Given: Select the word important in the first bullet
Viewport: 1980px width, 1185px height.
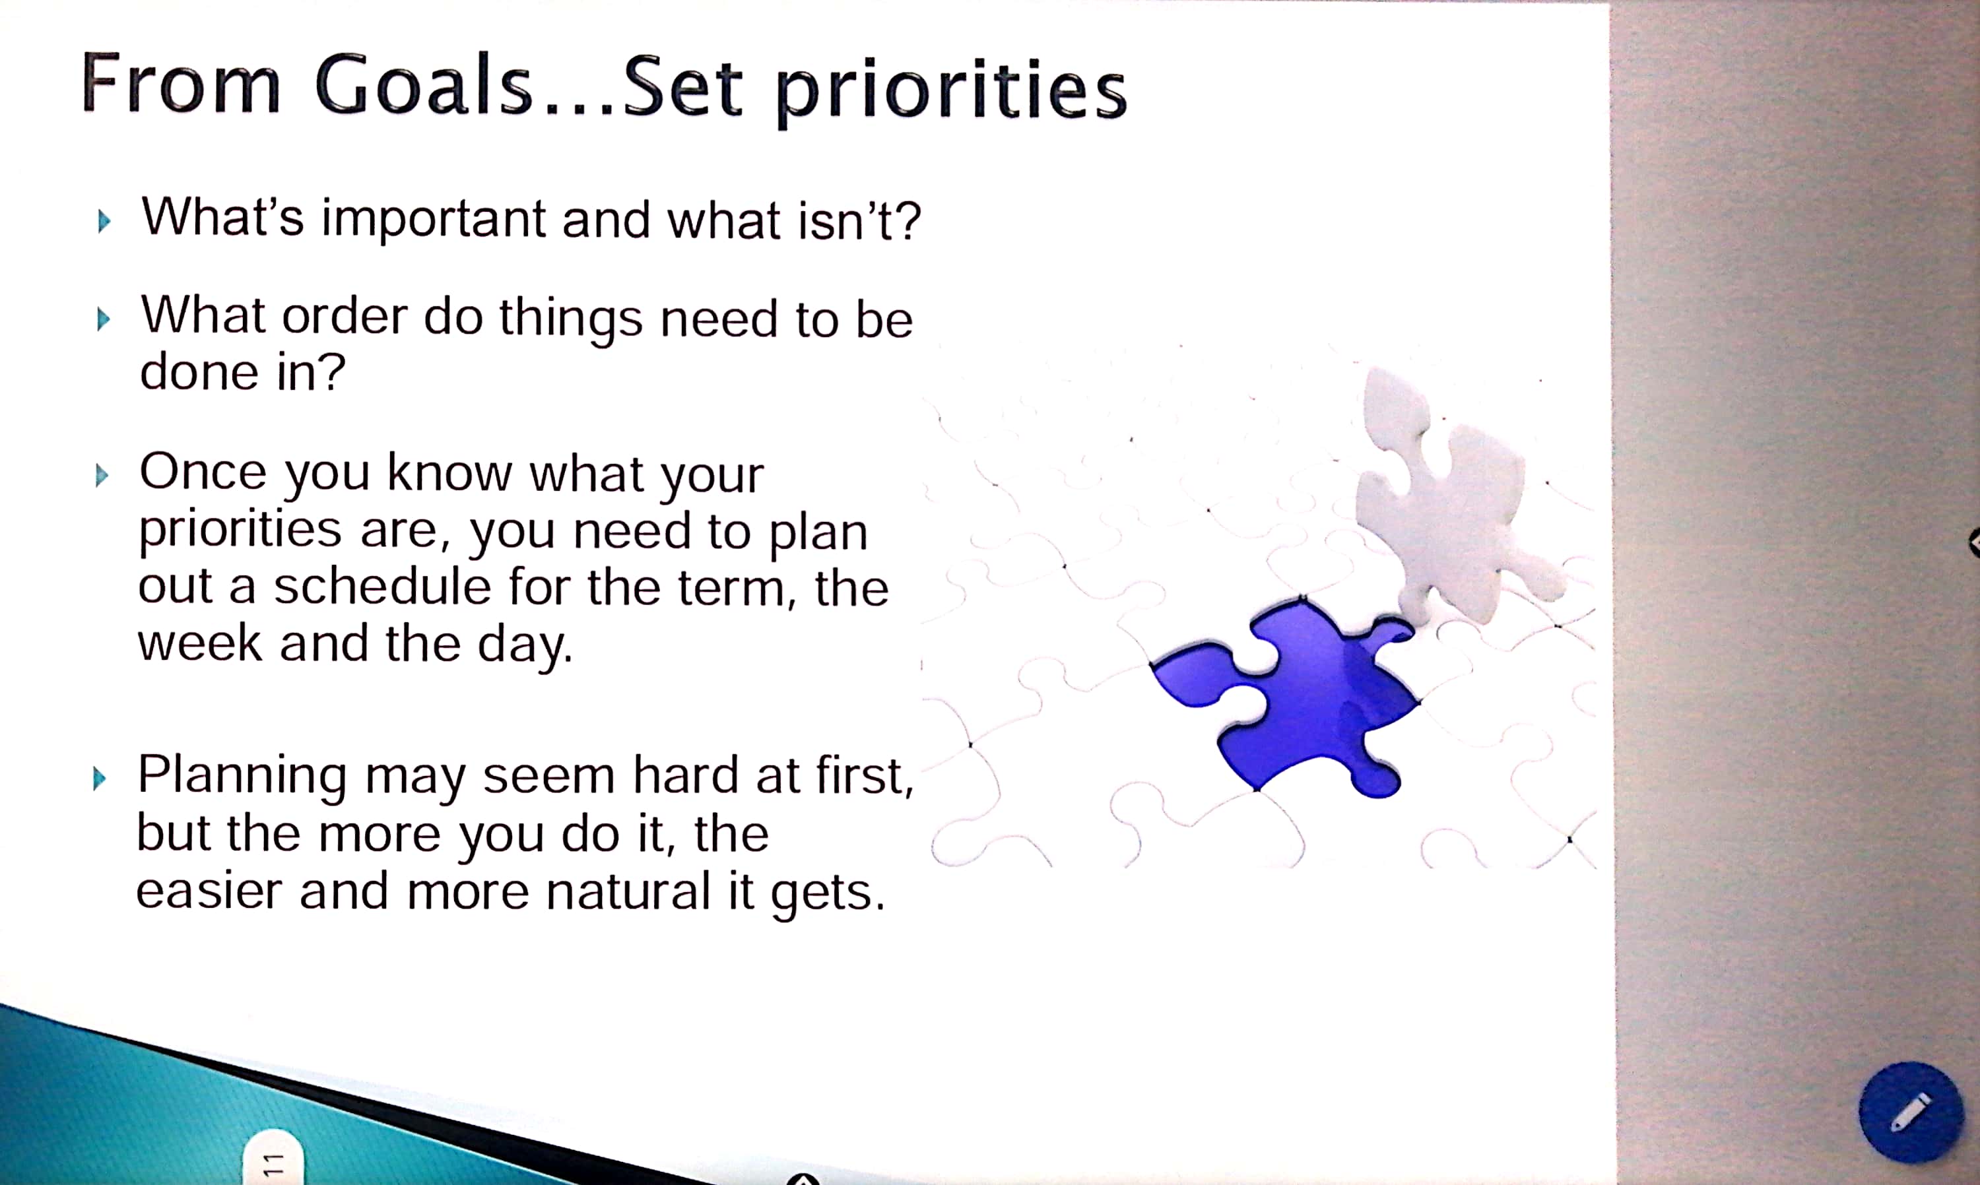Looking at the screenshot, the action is (434, 219).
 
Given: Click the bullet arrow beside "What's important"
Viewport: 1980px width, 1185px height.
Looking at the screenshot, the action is (104, 221).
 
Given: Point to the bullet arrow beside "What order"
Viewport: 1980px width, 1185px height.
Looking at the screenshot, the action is (103, 319).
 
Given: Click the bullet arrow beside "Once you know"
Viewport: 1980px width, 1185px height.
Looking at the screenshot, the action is (102, 476).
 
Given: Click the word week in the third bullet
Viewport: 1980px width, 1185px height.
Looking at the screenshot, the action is (200, 643).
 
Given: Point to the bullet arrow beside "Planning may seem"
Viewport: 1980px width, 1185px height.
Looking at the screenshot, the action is (100, 778).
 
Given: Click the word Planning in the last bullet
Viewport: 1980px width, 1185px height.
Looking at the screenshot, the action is (242, 776).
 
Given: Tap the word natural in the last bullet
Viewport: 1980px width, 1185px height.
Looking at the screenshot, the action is (628, 891).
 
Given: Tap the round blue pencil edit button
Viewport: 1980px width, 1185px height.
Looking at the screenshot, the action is (1911, 1112).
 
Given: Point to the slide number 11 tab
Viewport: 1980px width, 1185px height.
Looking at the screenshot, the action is (273, 1158).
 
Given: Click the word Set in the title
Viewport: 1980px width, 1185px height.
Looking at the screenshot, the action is (683, 88).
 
